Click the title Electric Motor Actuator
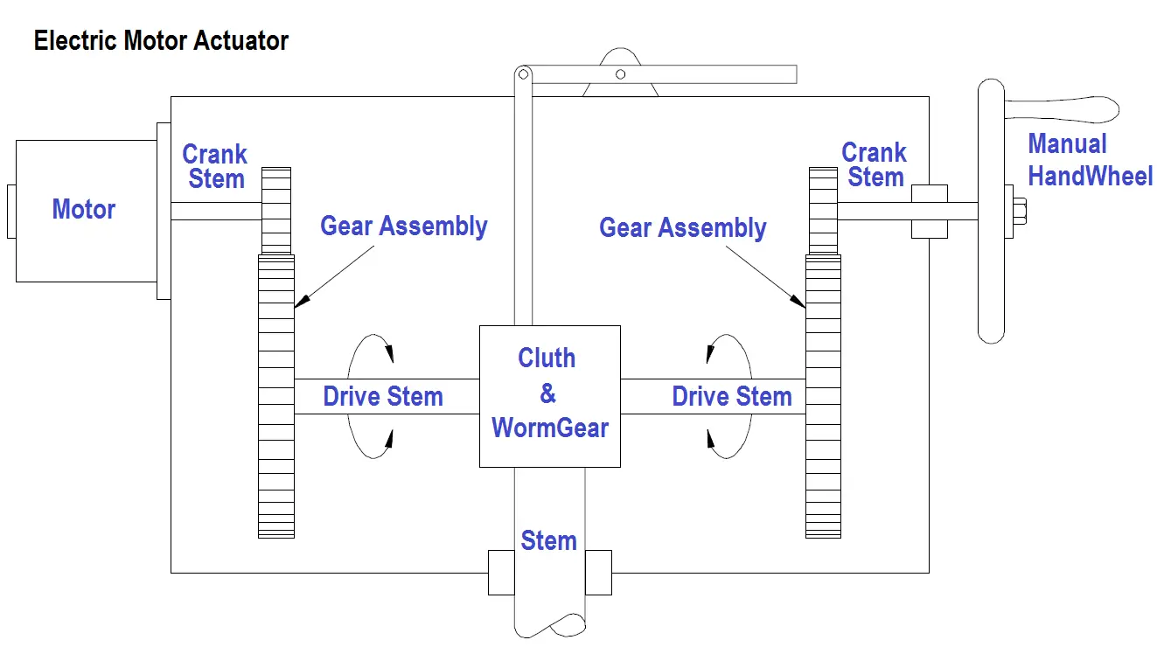pos(161,41)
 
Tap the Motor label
pos(84,209)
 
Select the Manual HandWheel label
pos(1090,160)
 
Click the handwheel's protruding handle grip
pos(1062,109)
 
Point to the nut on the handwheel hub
pos(1020,212)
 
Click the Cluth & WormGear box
pos(549,396)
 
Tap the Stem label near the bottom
pos(548,541)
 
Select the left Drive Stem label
pos(383,397)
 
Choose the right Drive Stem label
pos(732,397)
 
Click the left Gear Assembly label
pos(403,226)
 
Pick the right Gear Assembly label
pos(682,228)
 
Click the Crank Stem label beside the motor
pos(215,166)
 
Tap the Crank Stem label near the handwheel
pos(874,164)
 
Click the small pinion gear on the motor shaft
pos(276,211)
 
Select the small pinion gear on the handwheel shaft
pos(823,211)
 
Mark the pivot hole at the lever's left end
pos(523,74)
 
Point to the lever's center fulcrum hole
pos(621,74)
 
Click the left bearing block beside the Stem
pos(501,573)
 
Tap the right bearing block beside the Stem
pos(599,573)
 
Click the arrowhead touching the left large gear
pos(302,301)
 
